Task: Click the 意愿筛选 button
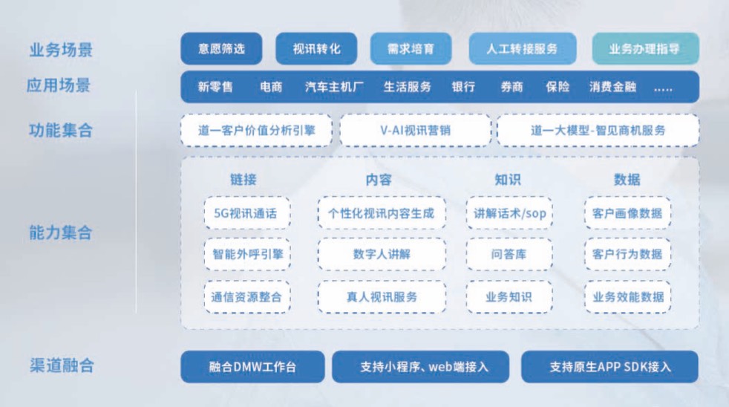pyautogui.click(x=221, y=49)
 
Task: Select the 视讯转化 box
pyautogui.click(x=316, y=49)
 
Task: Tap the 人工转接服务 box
pyautogui.click(x=522, y=49)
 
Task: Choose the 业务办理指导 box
pyautogui.click(x=644, y=49)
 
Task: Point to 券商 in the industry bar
pyautogui.click(x=511, y=87)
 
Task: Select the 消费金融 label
pyautogui.click(x=612, y=87)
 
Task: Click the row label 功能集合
pyautogui.click(x=60, y=131)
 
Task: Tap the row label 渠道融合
pyautogui.click(x=60, y=366)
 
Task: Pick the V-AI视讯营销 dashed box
pyautogui.click(x=415, y=130)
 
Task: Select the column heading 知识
pyautogui.click(x=508, y=179)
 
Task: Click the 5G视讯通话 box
pyautogui.click(x=246, y=213)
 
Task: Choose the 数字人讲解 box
pyautogui.click(x=382, y=254)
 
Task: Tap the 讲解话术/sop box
pyautogui.click(x=509, y=213)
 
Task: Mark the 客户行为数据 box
pyautogui.click(x=627, y=254)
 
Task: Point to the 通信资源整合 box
pyautogui.click(x=246, y=296)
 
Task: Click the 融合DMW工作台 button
pyautogui.click(x=252, y=367)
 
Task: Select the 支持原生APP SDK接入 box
pyautogui.click(x=610, y=367)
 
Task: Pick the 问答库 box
pyautogui.click(x=509, y=254)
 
